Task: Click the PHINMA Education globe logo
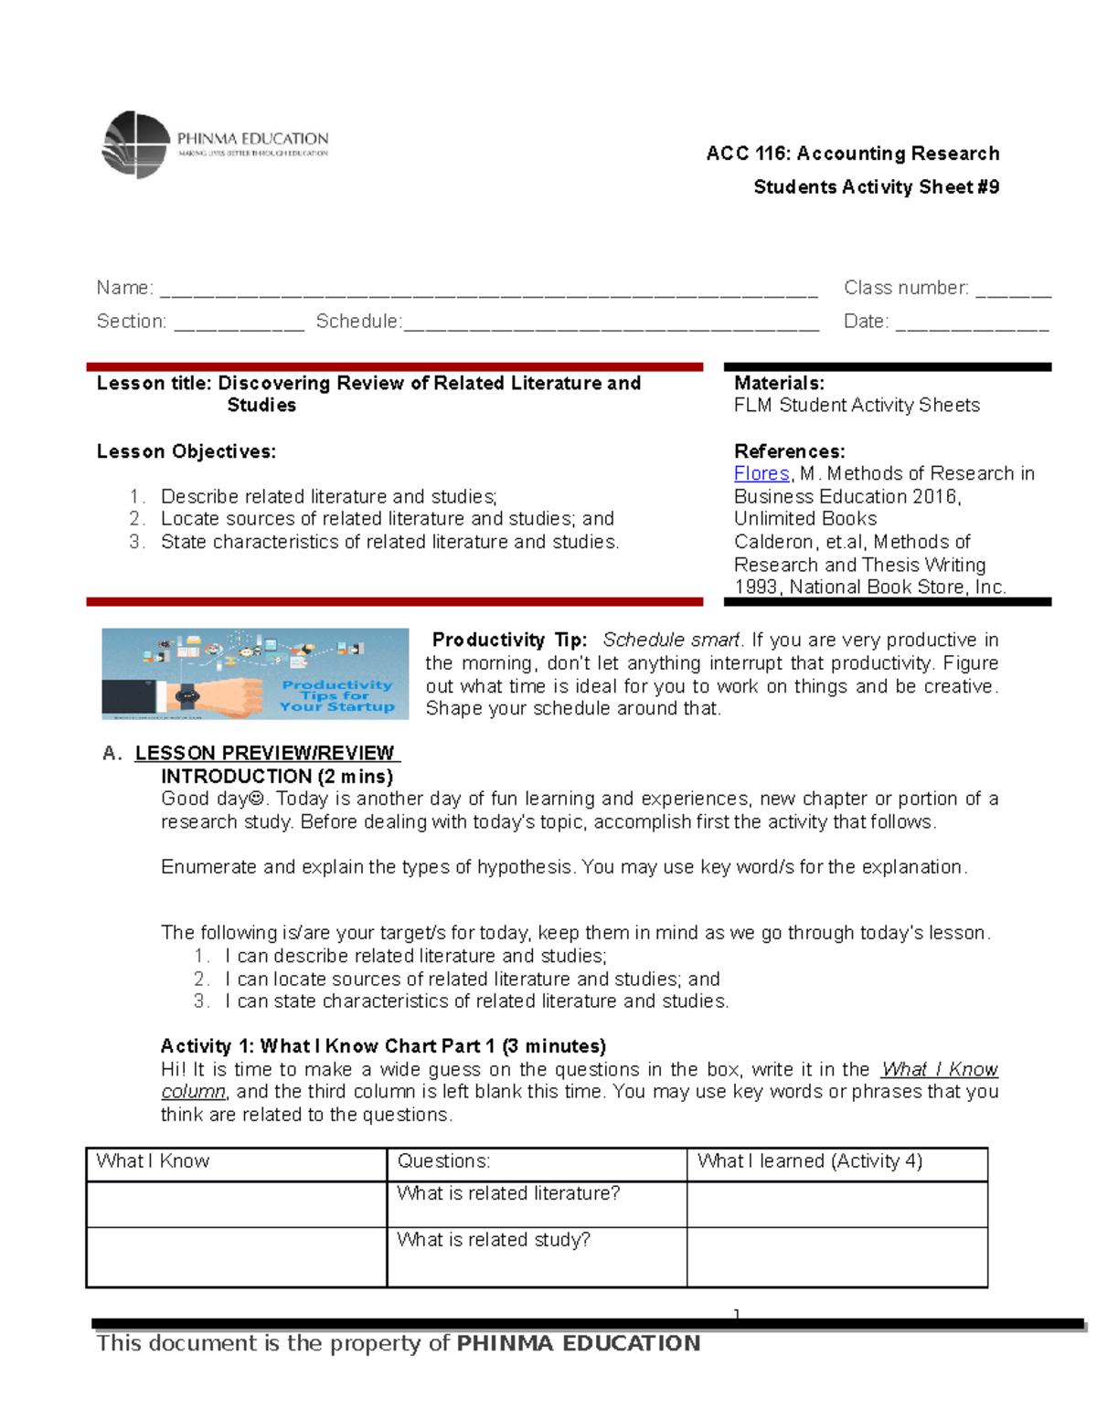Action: [x=136, y=145]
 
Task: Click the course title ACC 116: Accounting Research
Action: [x=852, y=154]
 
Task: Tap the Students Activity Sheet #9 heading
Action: [x=876, y=187]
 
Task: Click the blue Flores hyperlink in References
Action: [x=761, y=473]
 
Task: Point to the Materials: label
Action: [x=779, y=384]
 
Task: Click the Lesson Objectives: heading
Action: [x=186, y=451]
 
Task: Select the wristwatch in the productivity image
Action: [x=188, y=696]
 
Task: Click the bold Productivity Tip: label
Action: [x=509, y=640]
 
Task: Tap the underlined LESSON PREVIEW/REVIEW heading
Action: [x=265, y=753]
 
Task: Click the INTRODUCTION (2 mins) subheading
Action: [x=277, y=776]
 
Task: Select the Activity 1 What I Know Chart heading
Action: [x=383, y=1046]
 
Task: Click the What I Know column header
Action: [x=153, y=1161]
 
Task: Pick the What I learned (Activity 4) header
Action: [x=809, y=1161]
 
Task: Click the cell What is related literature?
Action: [x=508, y=1193]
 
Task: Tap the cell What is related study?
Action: [x=494, y=1240]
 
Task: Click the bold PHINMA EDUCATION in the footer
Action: [x=578, y=1343]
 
